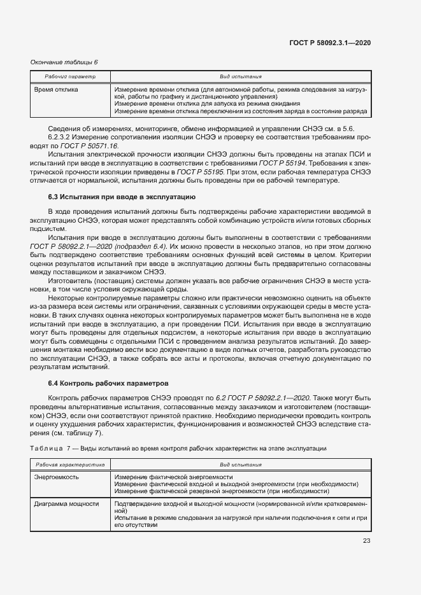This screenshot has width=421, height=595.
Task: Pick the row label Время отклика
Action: (56, 90)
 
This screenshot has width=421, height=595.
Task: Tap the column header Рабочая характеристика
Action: (70, 465)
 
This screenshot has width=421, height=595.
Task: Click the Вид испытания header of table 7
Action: (240, 465)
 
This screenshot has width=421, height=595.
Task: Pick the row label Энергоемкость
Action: (56, 477)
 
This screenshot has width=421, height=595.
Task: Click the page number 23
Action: (366, 541)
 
